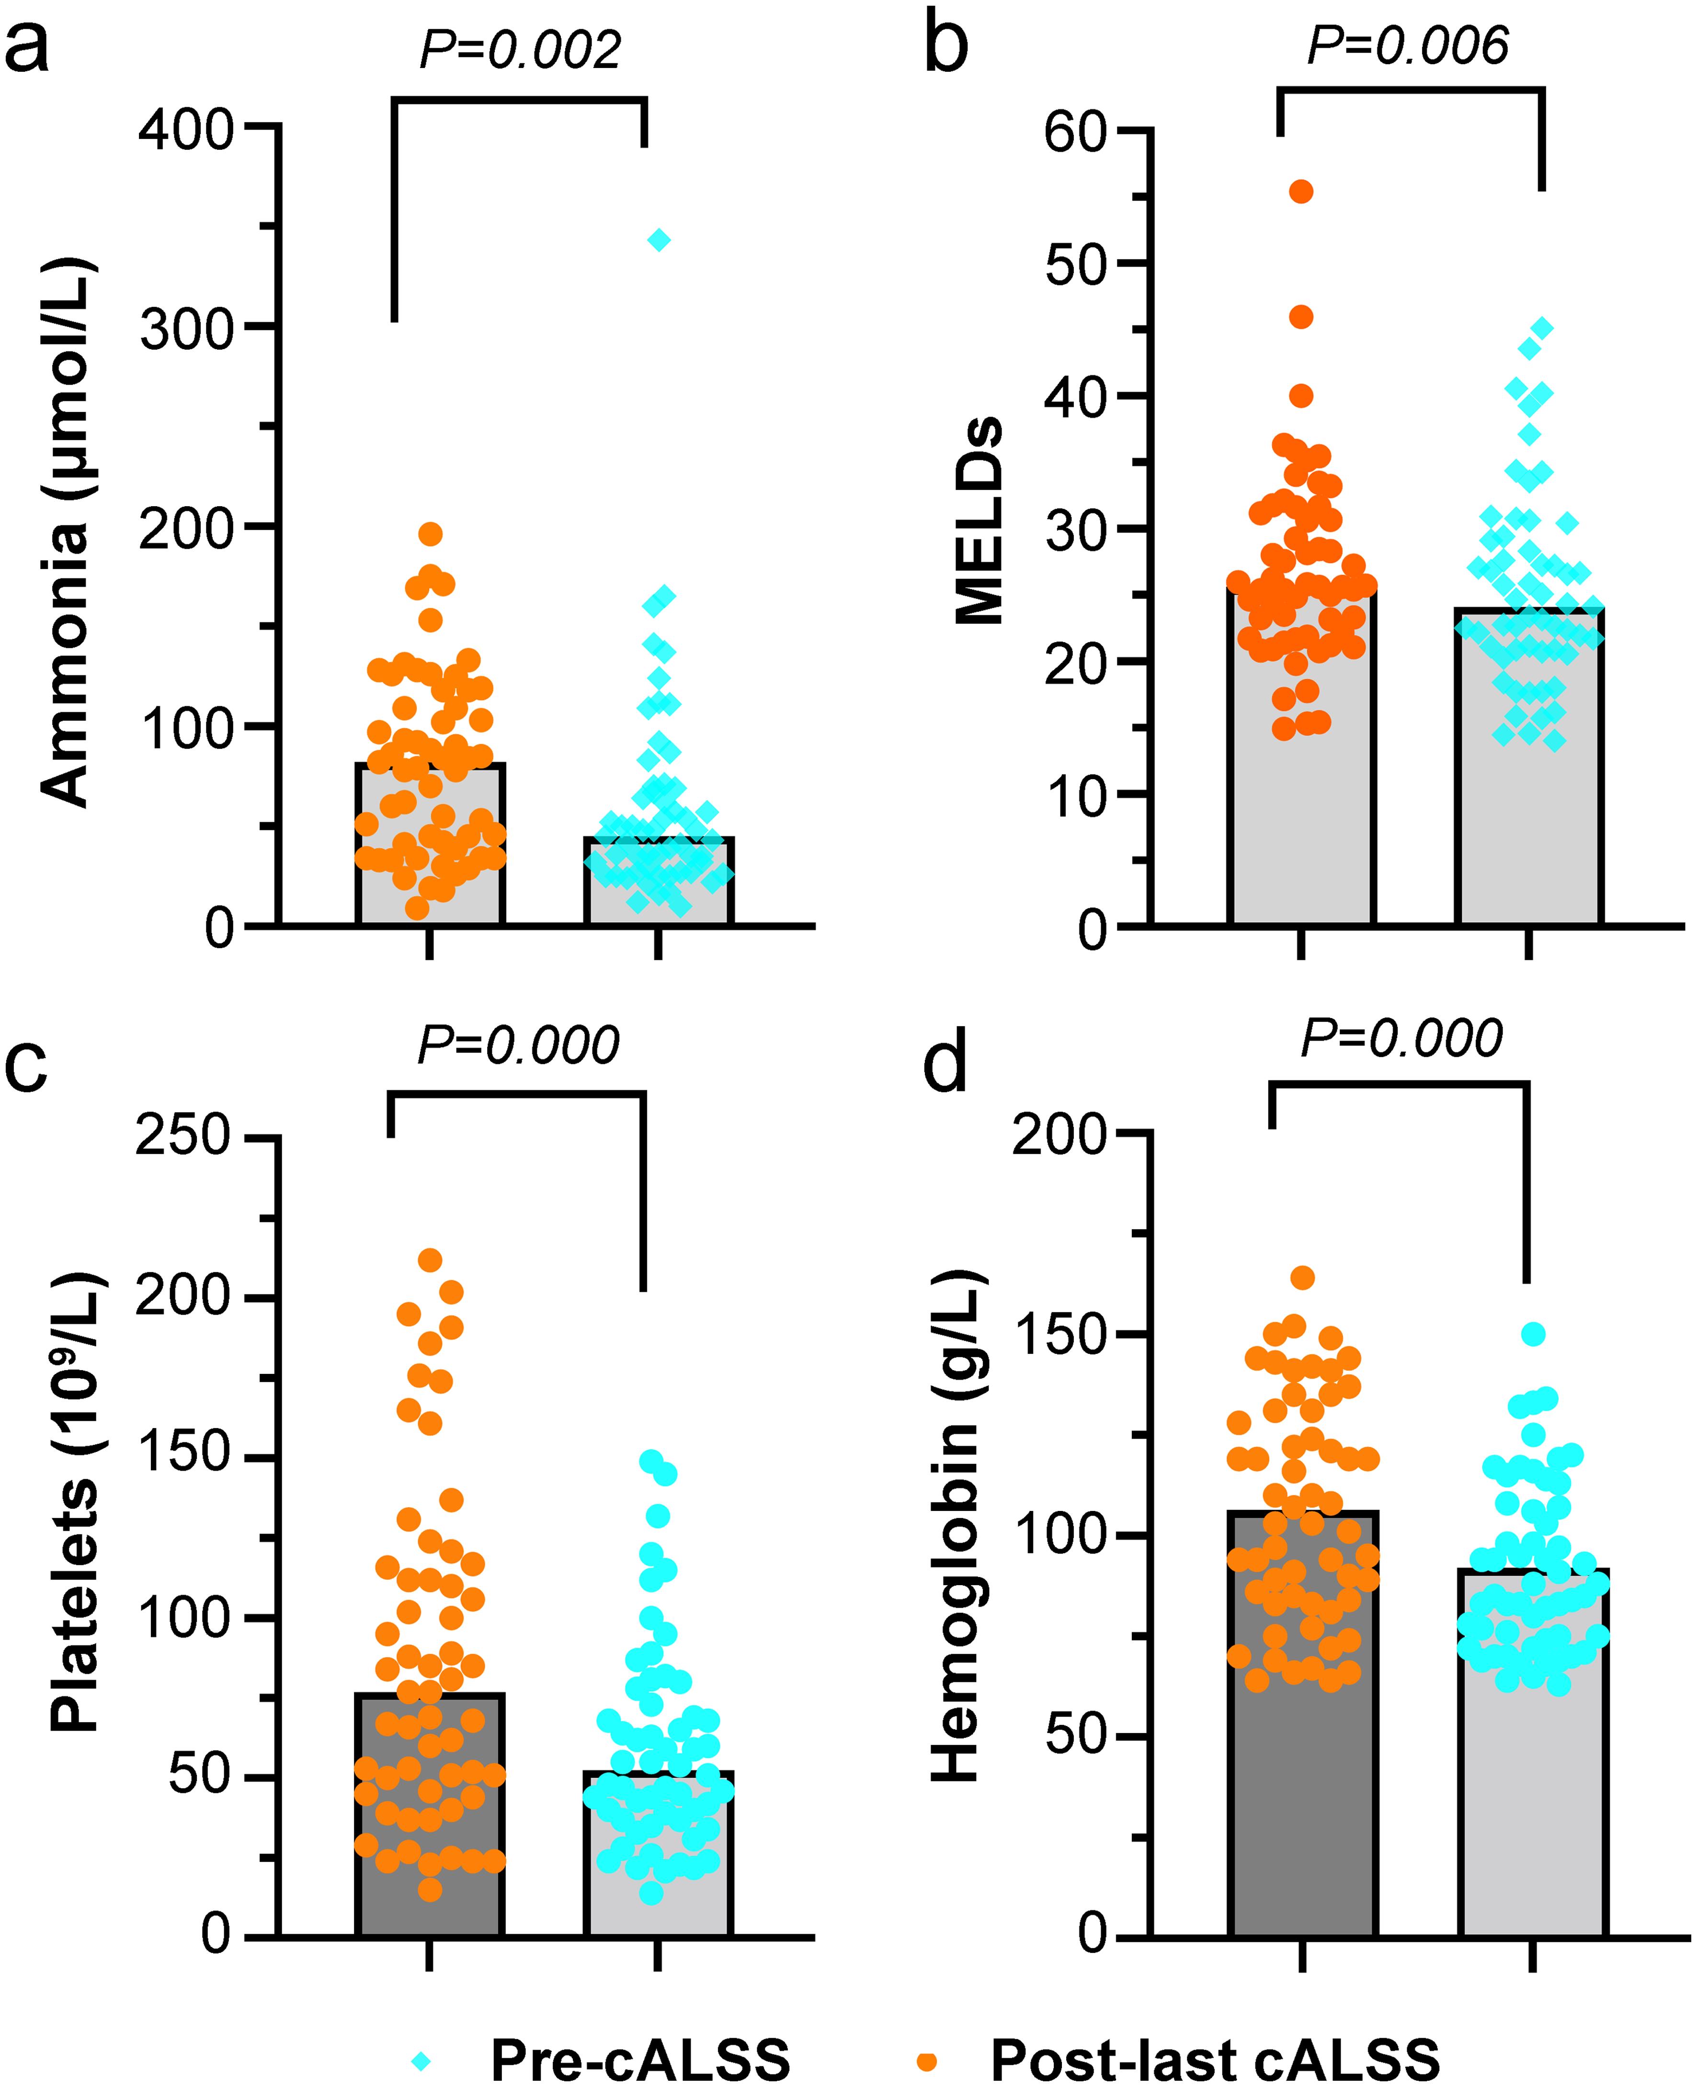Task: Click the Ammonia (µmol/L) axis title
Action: coord(67,533)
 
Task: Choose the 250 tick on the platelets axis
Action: coord(183,1137)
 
